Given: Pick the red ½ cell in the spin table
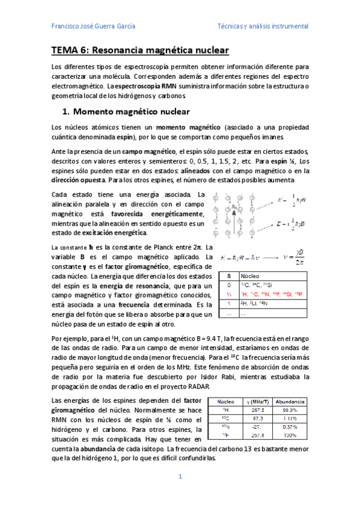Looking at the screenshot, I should [229, 294].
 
